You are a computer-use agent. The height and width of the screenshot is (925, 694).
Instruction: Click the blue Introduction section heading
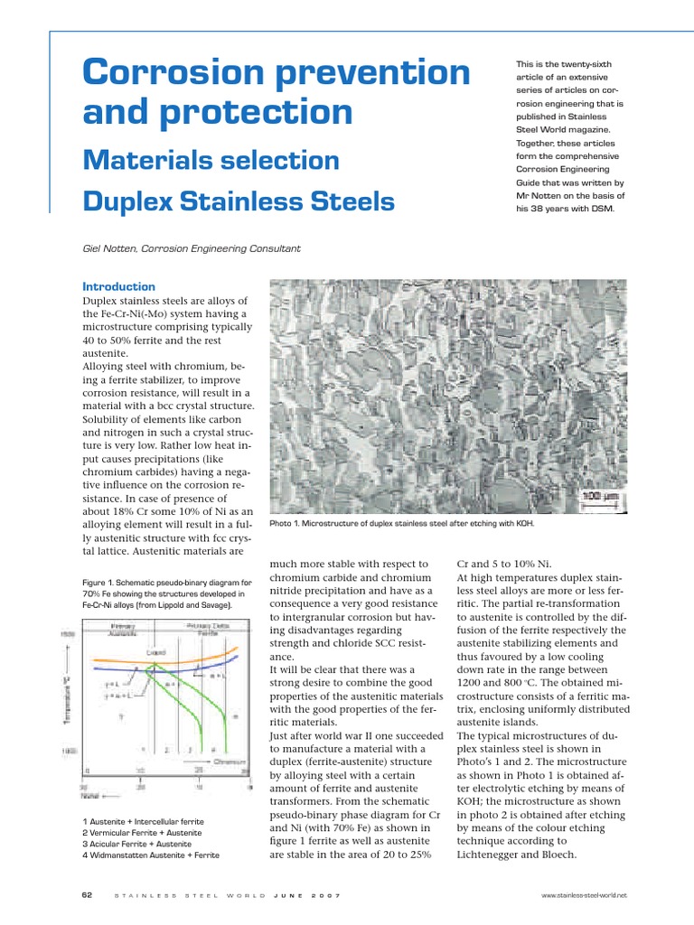click(x=118, y=286)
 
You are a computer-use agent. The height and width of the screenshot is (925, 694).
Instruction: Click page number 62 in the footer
click(x=88, y=894)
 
